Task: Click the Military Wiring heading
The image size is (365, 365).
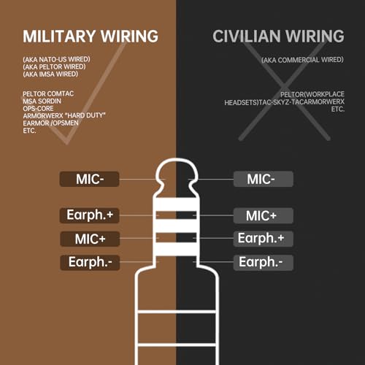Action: click(91, 36)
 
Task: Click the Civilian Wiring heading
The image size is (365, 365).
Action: click(278, 36)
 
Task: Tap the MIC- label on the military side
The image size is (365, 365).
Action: click(90, 179)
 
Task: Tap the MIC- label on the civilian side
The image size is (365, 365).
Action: click(264, 179)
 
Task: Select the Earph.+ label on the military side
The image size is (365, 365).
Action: click(90, 215)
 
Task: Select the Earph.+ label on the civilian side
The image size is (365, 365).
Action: click(264, 239)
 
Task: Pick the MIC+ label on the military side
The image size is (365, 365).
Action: click(90, 239)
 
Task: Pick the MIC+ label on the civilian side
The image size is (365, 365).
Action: click(264, 215)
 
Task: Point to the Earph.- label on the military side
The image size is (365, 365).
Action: click(90, 263)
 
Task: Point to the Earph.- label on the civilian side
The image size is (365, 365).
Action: click(264, 263)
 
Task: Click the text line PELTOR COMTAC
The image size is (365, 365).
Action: click(48, 93)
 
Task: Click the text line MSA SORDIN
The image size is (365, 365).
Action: click(42, 101)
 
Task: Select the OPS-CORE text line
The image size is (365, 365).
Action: click(38, 108)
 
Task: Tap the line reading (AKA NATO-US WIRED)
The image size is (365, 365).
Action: click(56, 59)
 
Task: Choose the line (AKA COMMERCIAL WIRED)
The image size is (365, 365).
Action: click(302, 60)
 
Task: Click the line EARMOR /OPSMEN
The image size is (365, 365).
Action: click(50, 123)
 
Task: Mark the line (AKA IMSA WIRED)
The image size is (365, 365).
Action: click(50, 74)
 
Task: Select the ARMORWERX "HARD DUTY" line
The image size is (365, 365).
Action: click(64, 115)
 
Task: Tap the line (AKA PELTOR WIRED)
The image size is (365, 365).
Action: click(54, 66)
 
